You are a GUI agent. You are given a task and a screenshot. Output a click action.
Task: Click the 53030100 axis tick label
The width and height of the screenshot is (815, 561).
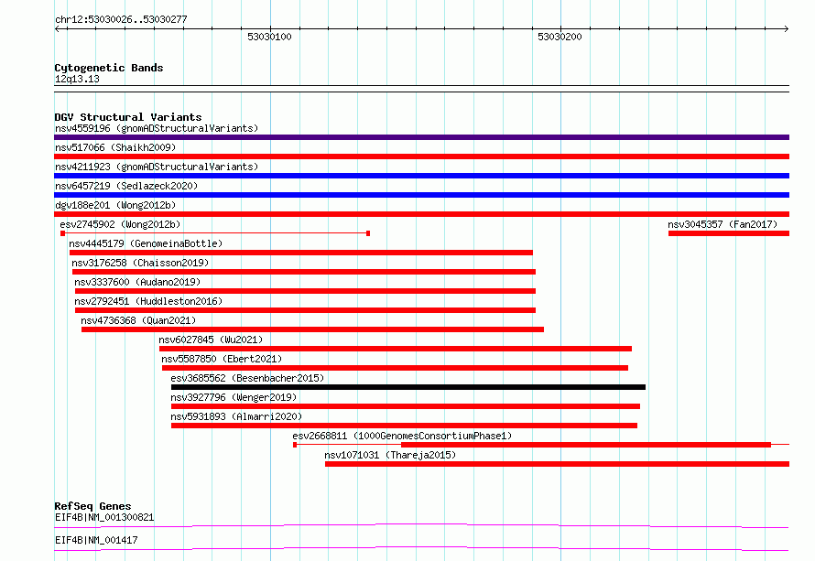click(269, 37)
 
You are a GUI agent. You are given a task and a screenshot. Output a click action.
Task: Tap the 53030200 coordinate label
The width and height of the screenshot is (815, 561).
click(560, 37)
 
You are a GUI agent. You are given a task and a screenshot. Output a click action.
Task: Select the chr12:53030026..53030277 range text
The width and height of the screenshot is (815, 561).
click(121, 19)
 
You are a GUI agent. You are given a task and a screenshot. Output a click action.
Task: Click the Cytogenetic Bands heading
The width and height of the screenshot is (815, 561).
click(109, 68)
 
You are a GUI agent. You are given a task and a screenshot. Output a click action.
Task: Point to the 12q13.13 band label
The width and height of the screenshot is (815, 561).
click(77, 79)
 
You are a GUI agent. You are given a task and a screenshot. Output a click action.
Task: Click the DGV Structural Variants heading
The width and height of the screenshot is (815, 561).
click(128, 117)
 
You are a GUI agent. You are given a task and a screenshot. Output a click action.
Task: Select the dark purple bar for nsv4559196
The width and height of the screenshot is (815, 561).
click(421, 137)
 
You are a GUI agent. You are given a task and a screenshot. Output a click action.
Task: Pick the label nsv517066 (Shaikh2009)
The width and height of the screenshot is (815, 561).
click(115, 147)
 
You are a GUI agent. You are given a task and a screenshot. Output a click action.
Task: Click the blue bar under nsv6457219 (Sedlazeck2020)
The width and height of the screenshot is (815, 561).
click(421, 195)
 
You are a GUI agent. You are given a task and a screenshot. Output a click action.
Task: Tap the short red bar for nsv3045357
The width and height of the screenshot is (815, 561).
click(729, 233)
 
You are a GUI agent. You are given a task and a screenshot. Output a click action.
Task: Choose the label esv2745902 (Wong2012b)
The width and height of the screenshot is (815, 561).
click(120, 224)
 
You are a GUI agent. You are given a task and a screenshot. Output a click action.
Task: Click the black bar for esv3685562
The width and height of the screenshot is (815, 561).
click(408, 387)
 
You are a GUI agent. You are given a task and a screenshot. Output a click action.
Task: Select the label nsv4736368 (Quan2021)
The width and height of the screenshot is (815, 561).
click(138, 320)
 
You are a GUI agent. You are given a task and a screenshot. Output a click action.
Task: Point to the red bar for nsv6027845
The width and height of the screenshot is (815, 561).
click(395, 349)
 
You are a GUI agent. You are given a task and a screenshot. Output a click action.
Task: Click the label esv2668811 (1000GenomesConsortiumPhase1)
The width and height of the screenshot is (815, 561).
click(402, 436)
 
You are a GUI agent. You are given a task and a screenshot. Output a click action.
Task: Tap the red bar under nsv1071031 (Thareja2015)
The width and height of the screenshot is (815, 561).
click(557, 464)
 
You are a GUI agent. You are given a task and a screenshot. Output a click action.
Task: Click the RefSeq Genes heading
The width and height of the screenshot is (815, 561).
click(92, 506)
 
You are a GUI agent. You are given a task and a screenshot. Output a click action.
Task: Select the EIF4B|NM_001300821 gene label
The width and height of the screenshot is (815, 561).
click(104, 517)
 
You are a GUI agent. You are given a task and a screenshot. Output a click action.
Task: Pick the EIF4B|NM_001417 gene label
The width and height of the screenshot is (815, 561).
click(96, 540)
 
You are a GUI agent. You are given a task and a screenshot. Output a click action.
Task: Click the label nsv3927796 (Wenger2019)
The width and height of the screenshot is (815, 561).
click(234, 397)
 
